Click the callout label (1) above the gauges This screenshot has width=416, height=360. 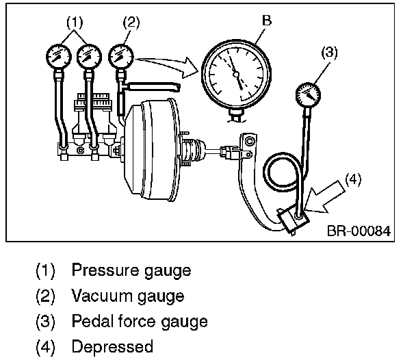pyautogui.click(x=75, y=23)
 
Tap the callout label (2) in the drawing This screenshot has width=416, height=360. pyautogui.click(x=131, y=23)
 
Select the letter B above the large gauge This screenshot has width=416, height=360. pyautogui.click(x=267, y=20)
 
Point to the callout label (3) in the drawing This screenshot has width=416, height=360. pyautogui.click(x=329, y=52)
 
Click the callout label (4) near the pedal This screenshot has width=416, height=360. pyautogui.click(x=353, y=179)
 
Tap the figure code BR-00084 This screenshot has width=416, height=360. pyautogui.click(x=359, y=231)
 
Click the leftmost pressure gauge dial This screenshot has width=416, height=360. pyautogui.click(x=59, y=57)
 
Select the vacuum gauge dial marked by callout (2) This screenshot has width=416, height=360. pyautogui.click(x=120, y=57)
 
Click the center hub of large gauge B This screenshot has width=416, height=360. pyautogui.click(x=236, y=75)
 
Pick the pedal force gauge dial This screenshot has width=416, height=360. pyautogui.click(x=308, y=95)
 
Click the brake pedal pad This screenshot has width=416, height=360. pyautogui.click(x=294, y=220)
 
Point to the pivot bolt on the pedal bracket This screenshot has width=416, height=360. pyautogui.click(x=249, y=141)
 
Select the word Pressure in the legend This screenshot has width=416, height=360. pyautogui.click(x=105, y=270)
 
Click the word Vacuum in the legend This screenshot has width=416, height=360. pyautogui.click(x=103, y=296)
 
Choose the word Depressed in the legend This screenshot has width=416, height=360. pyautogui.click(x=112, y=347)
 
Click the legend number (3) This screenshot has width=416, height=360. pyautogui.click(x=45, y=322)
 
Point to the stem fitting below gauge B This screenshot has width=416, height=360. pyautogui.click(x=237, y=115)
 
